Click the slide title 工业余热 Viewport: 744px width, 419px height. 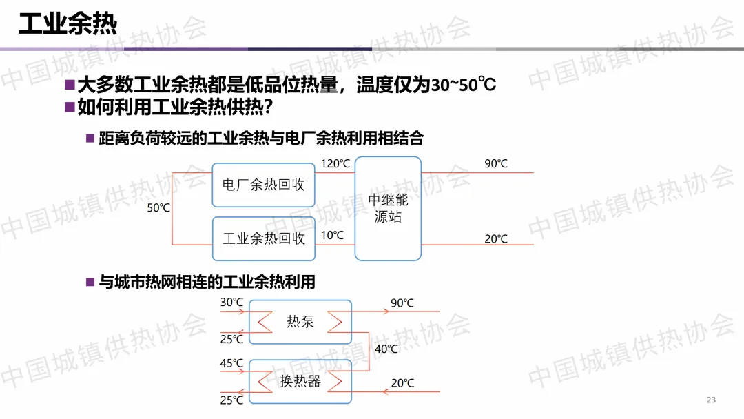coord(68,24)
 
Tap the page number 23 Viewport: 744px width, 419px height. coord(712,400)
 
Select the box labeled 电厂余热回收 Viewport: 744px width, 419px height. coord(263,185)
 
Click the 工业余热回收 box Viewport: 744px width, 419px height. coord(263,238)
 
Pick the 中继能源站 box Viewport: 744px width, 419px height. coord(388,208)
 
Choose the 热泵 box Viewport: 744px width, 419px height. coord(300,321)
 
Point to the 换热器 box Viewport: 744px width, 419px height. coord(300,381)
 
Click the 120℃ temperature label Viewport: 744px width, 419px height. coord(335,164)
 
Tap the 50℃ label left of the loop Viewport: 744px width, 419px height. coord(158,207)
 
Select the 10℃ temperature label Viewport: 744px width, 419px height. coord(332,236)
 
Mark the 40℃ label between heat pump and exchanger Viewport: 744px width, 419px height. coord(386,349)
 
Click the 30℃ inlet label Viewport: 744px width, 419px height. coord(231,303)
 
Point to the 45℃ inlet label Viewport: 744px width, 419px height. coord(231,363)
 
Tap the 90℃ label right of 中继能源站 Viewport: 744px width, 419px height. coord(495,164)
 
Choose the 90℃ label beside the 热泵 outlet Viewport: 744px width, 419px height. coord(402,303)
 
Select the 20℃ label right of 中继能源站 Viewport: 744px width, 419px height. coord(495,239)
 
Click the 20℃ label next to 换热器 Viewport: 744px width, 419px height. coord(402,383)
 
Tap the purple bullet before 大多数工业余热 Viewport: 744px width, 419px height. coord(69,85)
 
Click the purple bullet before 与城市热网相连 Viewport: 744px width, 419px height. coord(90,282)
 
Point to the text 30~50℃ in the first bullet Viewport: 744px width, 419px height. coord(464,86)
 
